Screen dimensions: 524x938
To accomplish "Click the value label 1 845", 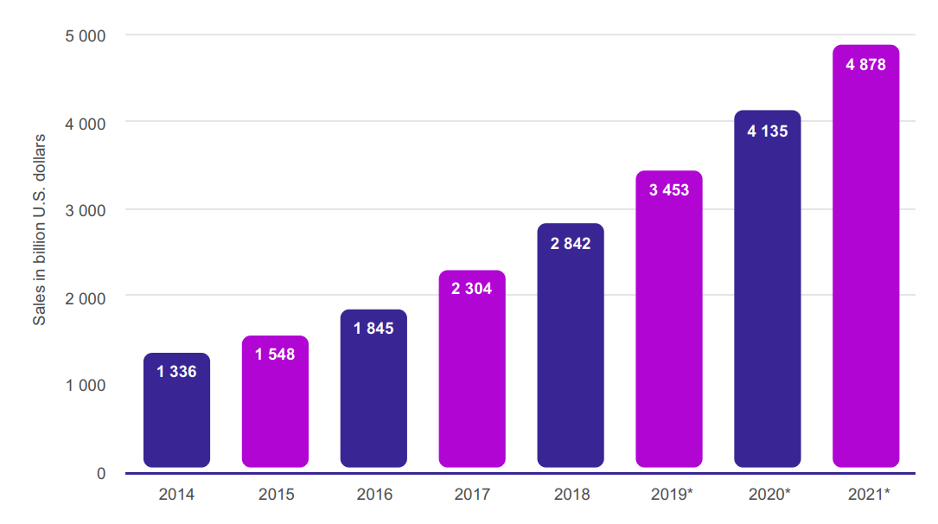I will tap(373, 329).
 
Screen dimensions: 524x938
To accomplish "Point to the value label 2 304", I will tap(472, 289).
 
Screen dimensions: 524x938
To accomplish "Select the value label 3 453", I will tap(669, 189).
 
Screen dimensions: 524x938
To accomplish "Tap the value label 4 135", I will tap(768, 131).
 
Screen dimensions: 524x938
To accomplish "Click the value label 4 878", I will tap(865, 65).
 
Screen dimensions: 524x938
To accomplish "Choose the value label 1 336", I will tap(176, 372).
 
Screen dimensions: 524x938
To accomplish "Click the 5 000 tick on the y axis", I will tap(86, 35).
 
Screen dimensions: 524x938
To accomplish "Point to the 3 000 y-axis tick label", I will tap(86, 210).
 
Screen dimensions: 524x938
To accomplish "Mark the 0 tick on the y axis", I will tap(101, 473).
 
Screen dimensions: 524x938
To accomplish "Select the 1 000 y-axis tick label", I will tap(86, 385).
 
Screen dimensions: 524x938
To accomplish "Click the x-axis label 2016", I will tap(374, 495).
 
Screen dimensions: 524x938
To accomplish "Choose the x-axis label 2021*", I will tap(868, 495).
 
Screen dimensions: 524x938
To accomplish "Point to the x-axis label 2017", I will tap(472, 495).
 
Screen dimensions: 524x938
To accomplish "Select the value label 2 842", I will tap(571, 244).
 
